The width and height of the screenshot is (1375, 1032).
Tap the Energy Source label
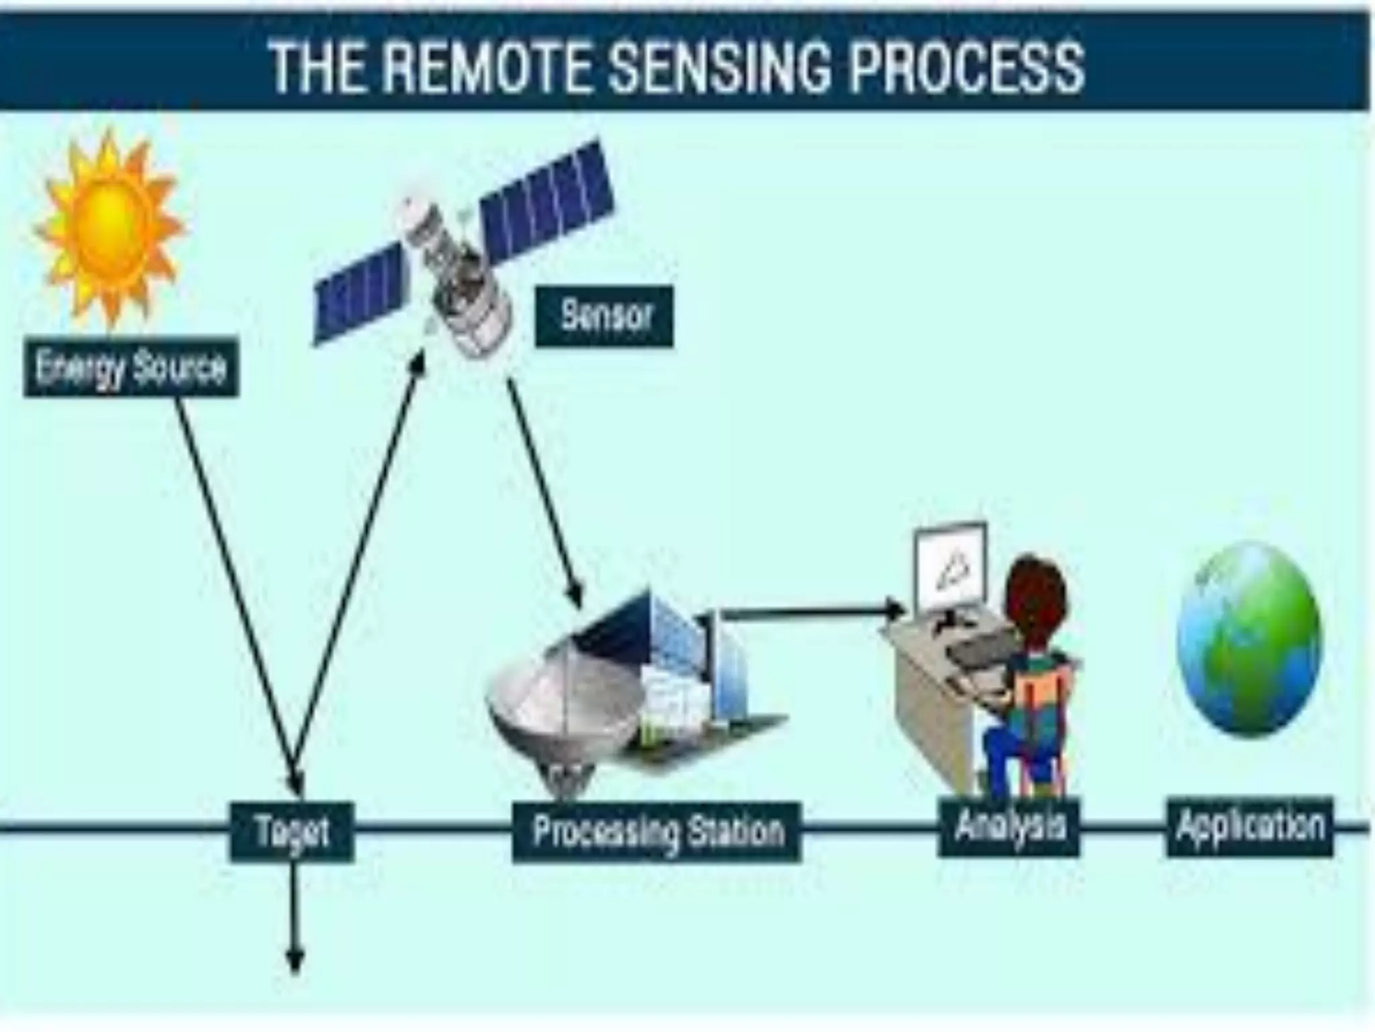pos(131,368)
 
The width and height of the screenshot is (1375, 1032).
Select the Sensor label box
pos(604,316)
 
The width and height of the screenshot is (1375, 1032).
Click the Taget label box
pos(292,832)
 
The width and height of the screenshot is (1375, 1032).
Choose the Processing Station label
pos(657,832)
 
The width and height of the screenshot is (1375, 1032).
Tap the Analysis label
pos(1009,826)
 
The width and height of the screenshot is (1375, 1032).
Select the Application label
pos(1250,826)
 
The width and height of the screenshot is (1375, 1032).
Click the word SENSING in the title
pos(718,67)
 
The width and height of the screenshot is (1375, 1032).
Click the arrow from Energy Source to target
pos(235,591)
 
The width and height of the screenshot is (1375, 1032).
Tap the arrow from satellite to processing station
pos(544,490)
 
